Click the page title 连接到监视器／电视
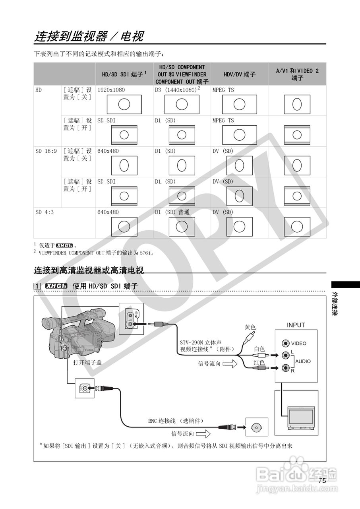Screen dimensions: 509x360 coord(89,37)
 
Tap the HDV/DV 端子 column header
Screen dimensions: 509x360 coord(239,74)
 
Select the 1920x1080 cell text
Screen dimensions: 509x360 coord(111,90)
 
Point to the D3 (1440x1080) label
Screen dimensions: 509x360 coord(177,90)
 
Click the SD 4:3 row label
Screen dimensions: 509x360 coord(45,212)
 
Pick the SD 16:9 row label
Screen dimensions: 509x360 coord(46,151)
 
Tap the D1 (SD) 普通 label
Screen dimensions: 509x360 coord(172,212)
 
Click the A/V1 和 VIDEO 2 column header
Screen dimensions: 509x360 coord(297,74)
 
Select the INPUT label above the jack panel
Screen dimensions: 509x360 coord(296,325)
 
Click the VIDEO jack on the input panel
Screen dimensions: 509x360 coord(285,343)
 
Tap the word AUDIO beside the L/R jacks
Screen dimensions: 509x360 coord(303,361)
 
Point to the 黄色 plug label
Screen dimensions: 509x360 coord(250,327)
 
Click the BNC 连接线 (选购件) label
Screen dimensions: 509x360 coord(176,421)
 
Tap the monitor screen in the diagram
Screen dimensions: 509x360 coord(301,416)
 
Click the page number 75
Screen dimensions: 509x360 coord(322,480)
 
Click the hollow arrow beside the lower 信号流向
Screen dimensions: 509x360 coord(203,433)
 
